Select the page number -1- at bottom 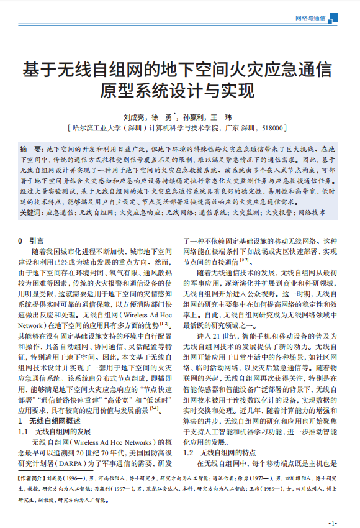coord(334,523)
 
